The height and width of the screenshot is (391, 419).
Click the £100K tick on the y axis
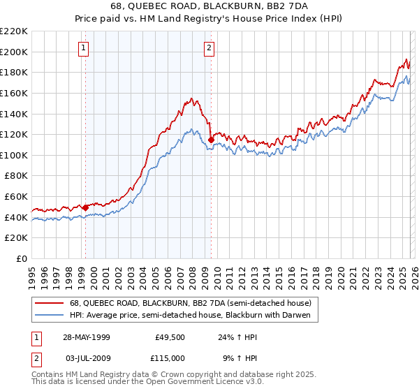[14, 155]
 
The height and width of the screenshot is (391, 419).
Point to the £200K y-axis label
[14, 52]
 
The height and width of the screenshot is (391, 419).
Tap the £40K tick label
[16, 217]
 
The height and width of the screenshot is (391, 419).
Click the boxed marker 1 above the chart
[84, 48]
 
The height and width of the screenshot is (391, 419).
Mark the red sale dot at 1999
[85, 207]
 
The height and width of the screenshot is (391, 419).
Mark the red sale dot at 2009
[211, 140]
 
